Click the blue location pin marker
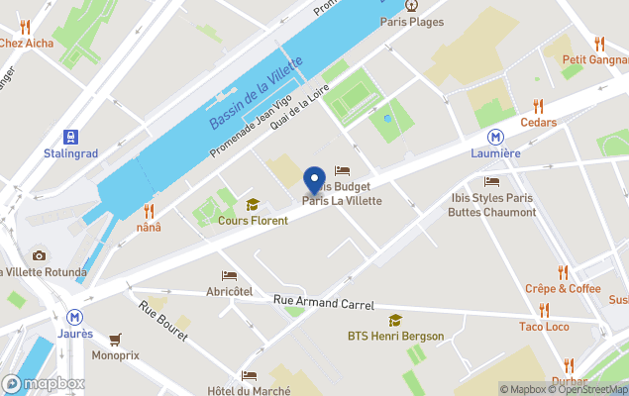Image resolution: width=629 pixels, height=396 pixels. coord(315,180)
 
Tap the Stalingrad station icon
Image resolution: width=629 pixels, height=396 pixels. coord(70,137)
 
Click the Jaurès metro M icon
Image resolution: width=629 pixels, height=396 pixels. coord(75,318)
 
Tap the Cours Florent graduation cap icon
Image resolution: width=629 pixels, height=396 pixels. coord(253,205)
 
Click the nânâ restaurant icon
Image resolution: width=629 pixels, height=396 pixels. coord(149,211)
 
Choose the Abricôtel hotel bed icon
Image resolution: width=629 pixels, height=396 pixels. coord(229,275)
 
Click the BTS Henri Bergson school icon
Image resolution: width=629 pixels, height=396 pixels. coord(395,320)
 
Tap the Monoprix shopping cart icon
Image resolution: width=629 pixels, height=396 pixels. coord(115,339)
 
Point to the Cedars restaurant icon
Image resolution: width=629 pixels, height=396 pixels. coord(538,106)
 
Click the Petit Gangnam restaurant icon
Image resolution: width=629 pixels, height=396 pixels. coord(599,44)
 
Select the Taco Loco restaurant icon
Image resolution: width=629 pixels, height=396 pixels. coord(544,311)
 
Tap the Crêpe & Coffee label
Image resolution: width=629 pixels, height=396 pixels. coord(563,288)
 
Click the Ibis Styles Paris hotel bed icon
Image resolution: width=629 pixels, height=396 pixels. coord(491,182)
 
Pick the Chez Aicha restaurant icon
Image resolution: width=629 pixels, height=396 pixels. coord(25,27)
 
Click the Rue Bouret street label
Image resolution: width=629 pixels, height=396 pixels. coord(163,322)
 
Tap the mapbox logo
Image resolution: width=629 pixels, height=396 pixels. coord(44,383)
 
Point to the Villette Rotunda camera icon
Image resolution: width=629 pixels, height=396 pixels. coord(39,255)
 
